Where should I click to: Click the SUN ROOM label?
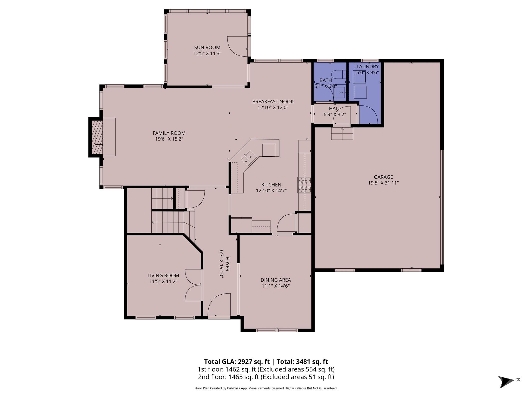[207, 48]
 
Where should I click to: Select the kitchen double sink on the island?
[249, 158]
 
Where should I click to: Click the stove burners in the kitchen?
[304, 185]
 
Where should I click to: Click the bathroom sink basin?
[340, 92]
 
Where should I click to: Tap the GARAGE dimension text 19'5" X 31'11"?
[383, 183]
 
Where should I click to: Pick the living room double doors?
[193, 285]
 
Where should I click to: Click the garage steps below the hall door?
[342, 134]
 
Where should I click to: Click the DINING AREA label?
[276, 280]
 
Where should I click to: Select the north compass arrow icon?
[506, 382]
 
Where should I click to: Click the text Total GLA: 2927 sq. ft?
[237, 362]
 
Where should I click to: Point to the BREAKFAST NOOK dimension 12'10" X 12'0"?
[273, 108]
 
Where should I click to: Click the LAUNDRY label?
[367, 67]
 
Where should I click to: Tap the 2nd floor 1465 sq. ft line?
[266, 377]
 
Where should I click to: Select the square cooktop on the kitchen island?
[269, 150]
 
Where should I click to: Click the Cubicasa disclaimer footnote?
[266, 388]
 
